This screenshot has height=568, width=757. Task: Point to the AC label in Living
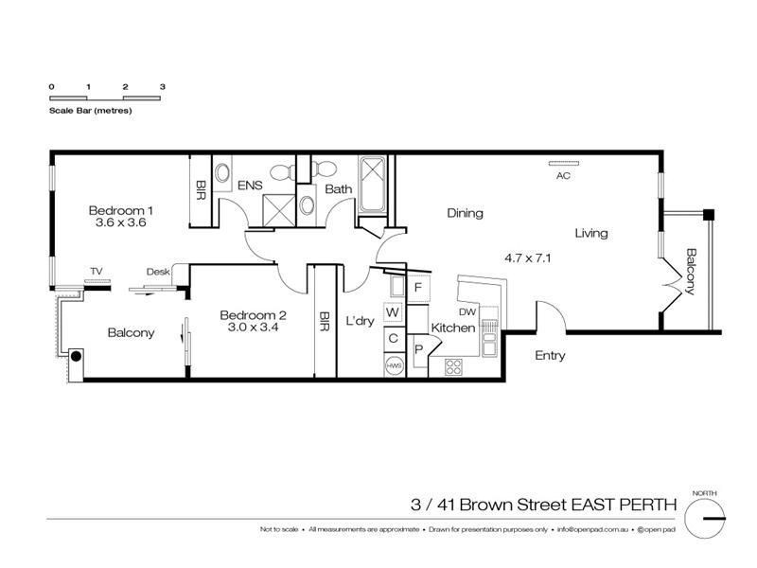pyautogui.click(x=562, y=176)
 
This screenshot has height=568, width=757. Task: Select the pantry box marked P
pyautogui.click(x=418, y=349)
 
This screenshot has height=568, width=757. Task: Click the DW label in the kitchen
pyautogui.click(x=467, y=311)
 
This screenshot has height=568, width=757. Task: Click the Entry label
pyautogui.click(x=550, y=356)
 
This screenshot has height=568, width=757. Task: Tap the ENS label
pyautogui.click(x=250, y=186)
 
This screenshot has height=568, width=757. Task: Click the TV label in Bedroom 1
pyautogui.click(x=96, y=272)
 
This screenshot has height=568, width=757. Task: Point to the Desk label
pyautogui.click(x=157, y=272)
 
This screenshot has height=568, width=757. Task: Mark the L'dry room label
pyautogui.click(x=360, y=320)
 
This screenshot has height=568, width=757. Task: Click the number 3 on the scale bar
pyautogui.click(x=163, y=86)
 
